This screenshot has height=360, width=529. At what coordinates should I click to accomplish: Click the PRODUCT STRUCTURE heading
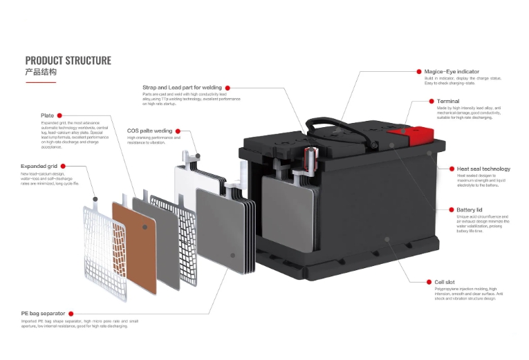(68, 61)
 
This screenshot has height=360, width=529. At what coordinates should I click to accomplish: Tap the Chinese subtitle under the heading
(41, 72)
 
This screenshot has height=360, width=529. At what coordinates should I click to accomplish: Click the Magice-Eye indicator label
(452, 71)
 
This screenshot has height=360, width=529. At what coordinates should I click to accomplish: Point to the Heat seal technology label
(483, 169)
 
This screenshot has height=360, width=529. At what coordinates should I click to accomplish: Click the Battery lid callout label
(470, 209)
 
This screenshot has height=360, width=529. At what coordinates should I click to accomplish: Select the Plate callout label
(47, 115)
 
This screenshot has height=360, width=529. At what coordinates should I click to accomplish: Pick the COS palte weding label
(149, 130)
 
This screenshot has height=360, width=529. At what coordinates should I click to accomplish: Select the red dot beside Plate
(60, 115)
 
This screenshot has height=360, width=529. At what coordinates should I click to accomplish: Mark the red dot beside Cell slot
(429, 282)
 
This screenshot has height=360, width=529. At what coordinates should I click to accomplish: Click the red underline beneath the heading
(40, 82)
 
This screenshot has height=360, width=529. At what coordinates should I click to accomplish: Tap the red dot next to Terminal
(429, 102)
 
